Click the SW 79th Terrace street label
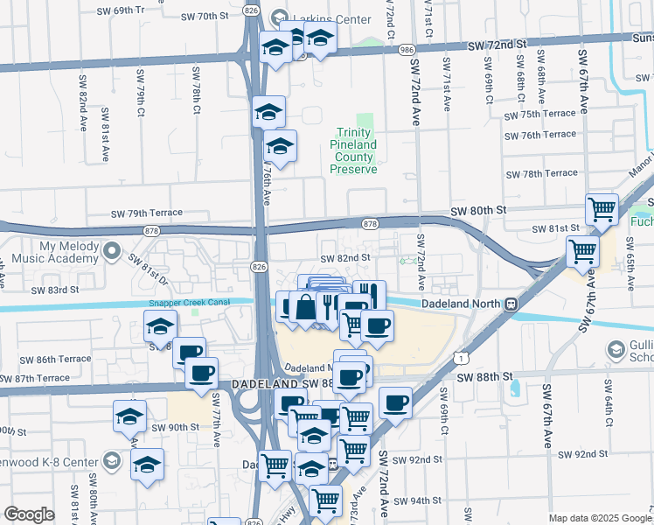tap(146, 213)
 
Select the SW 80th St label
tap(478, 211)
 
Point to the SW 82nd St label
tap(345, 258)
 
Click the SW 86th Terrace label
tap(54, 360)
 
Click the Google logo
tap(29, 514)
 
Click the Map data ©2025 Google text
tap(599, 518)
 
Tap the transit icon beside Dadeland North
tap(509, 304)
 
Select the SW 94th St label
tap(417, 501)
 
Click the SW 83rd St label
tap(54, 290)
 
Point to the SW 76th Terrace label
tap(547, 135)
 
